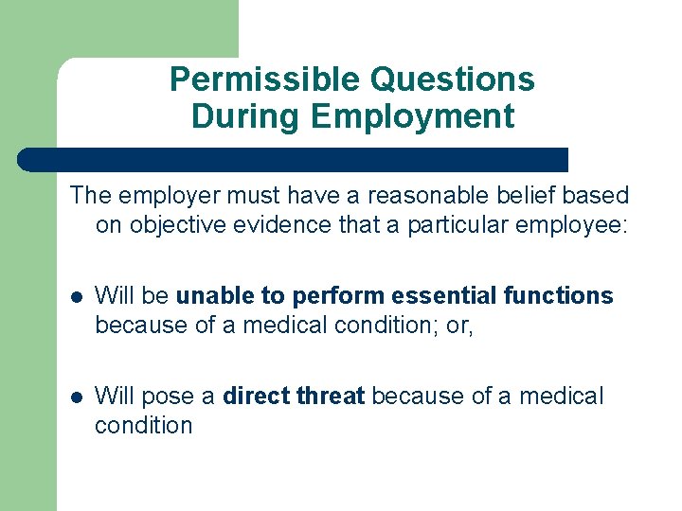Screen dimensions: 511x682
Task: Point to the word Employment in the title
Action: (412, 116)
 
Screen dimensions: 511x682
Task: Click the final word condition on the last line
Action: (143, 426)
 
